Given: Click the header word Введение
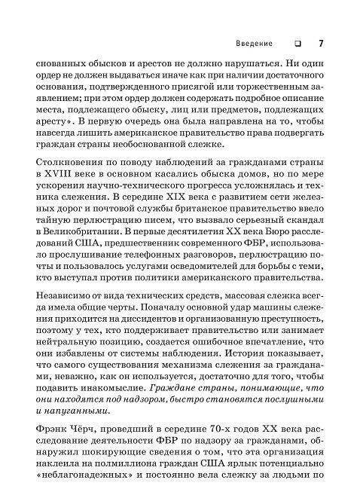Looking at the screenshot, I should (254, 43).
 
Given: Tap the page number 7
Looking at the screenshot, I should (321, 43).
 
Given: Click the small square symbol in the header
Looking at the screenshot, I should (298, 43).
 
